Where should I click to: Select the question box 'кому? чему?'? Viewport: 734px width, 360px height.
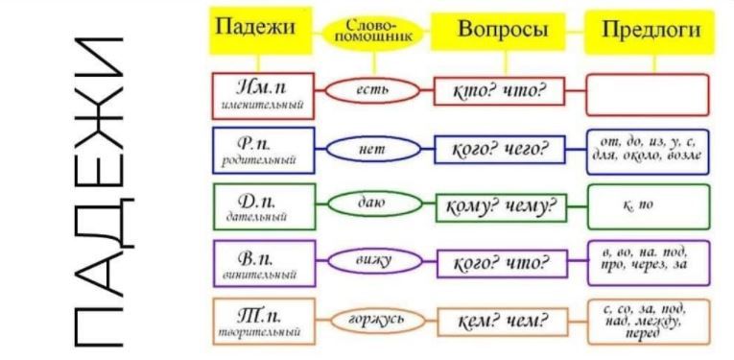click(499, 205)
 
